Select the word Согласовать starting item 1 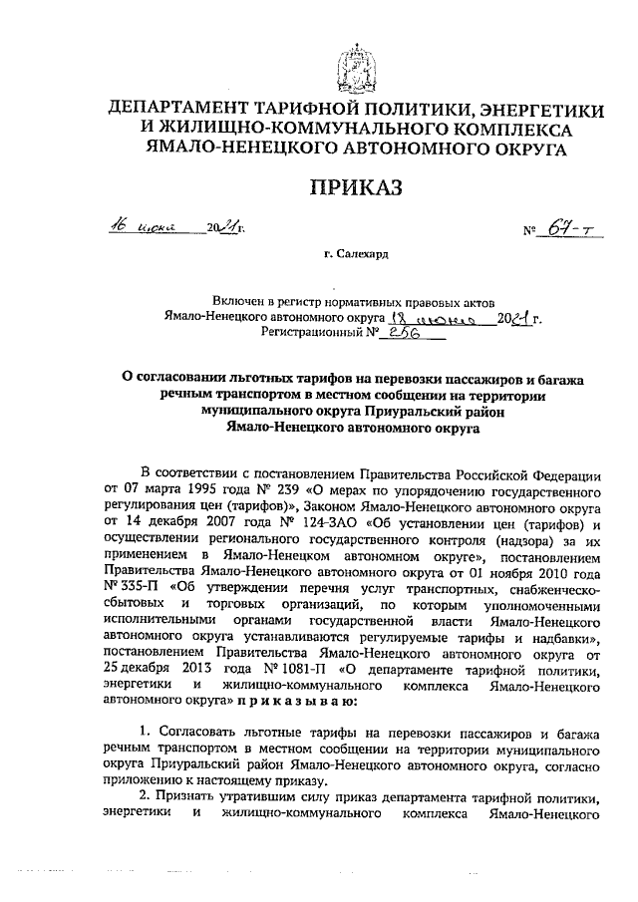pyautogui.click(x=200, y=733)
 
